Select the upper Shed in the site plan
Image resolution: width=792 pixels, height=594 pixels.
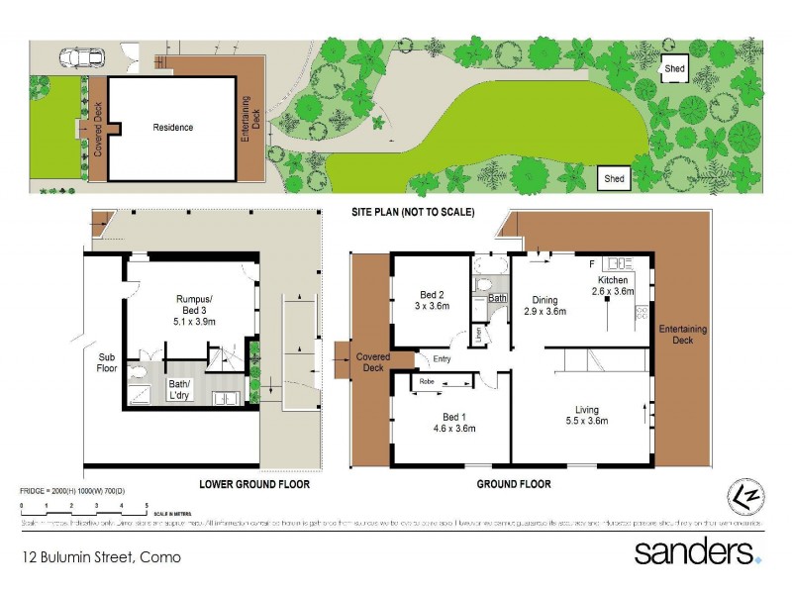pyautogui.click(x=674, y=68)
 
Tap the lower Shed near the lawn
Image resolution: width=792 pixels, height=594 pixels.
pyautogui.click(x=614, y=178)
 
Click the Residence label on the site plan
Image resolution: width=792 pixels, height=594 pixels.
pyautogui.click(x=172, y=128)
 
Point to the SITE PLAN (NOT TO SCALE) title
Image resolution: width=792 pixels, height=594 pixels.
pyautogui.click(x=413, y=213)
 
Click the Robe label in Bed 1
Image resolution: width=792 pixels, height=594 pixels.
pyautogui.click(x=427, y=381)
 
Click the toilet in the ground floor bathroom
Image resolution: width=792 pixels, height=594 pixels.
pyautogui.click(x=483, y=284)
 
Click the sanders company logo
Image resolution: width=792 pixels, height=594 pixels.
pyautogui.click(x=697, y=551)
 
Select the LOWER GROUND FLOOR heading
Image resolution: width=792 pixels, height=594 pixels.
pyautogui.click(x=253, y=485)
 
